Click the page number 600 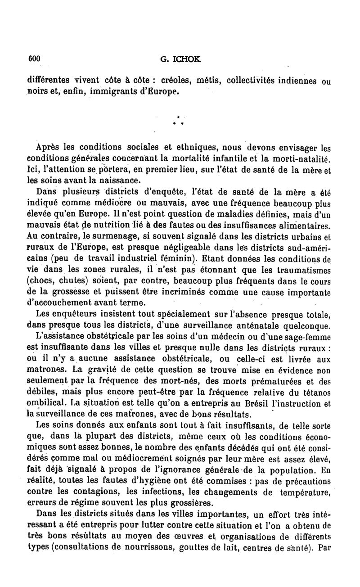pos(35,58)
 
